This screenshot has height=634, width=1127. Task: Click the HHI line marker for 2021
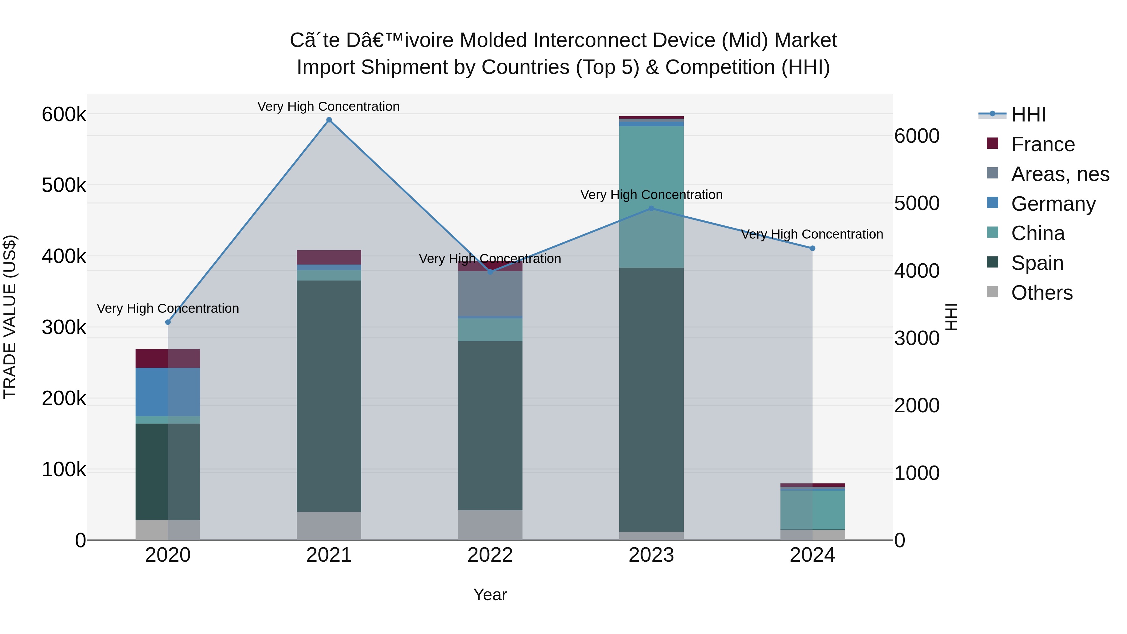[329, 120]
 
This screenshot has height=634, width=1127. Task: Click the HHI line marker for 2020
[168, 322]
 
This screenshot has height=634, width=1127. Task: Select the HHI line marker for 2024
[812, 248]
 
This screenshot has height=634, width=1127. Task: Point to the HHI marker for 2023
[651, 208]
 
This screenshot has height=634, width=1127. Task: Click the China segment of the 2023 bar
[651, 197]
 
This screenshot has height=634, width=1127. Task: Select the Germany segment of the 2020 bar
[168, 392]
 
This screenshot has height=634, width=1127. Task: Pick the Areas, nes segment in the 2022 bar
[490, 293]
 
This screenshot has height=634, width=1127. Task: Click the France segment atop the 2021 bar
[329, 257]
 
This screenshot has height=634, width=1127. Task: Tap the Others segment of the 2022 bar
[490, 525]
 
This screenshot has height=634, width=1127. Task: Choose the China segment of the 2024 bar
[812, 510]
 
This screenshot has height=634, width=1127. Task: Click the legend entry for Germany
[1053, 204]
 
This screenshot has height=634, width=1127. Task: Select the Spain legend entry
[1037, 263]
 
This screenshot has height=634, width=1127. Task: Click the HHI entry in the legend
[1028, 115]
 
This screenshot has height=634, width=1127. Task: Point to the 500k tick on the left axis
[64, 185]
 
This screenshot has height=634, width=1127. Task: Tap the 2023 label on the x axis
[651, 555]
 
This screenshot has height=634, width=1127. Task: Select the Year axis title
[490, 595]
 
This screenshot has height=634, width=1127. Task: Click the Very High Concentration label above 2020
[168, 308]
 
